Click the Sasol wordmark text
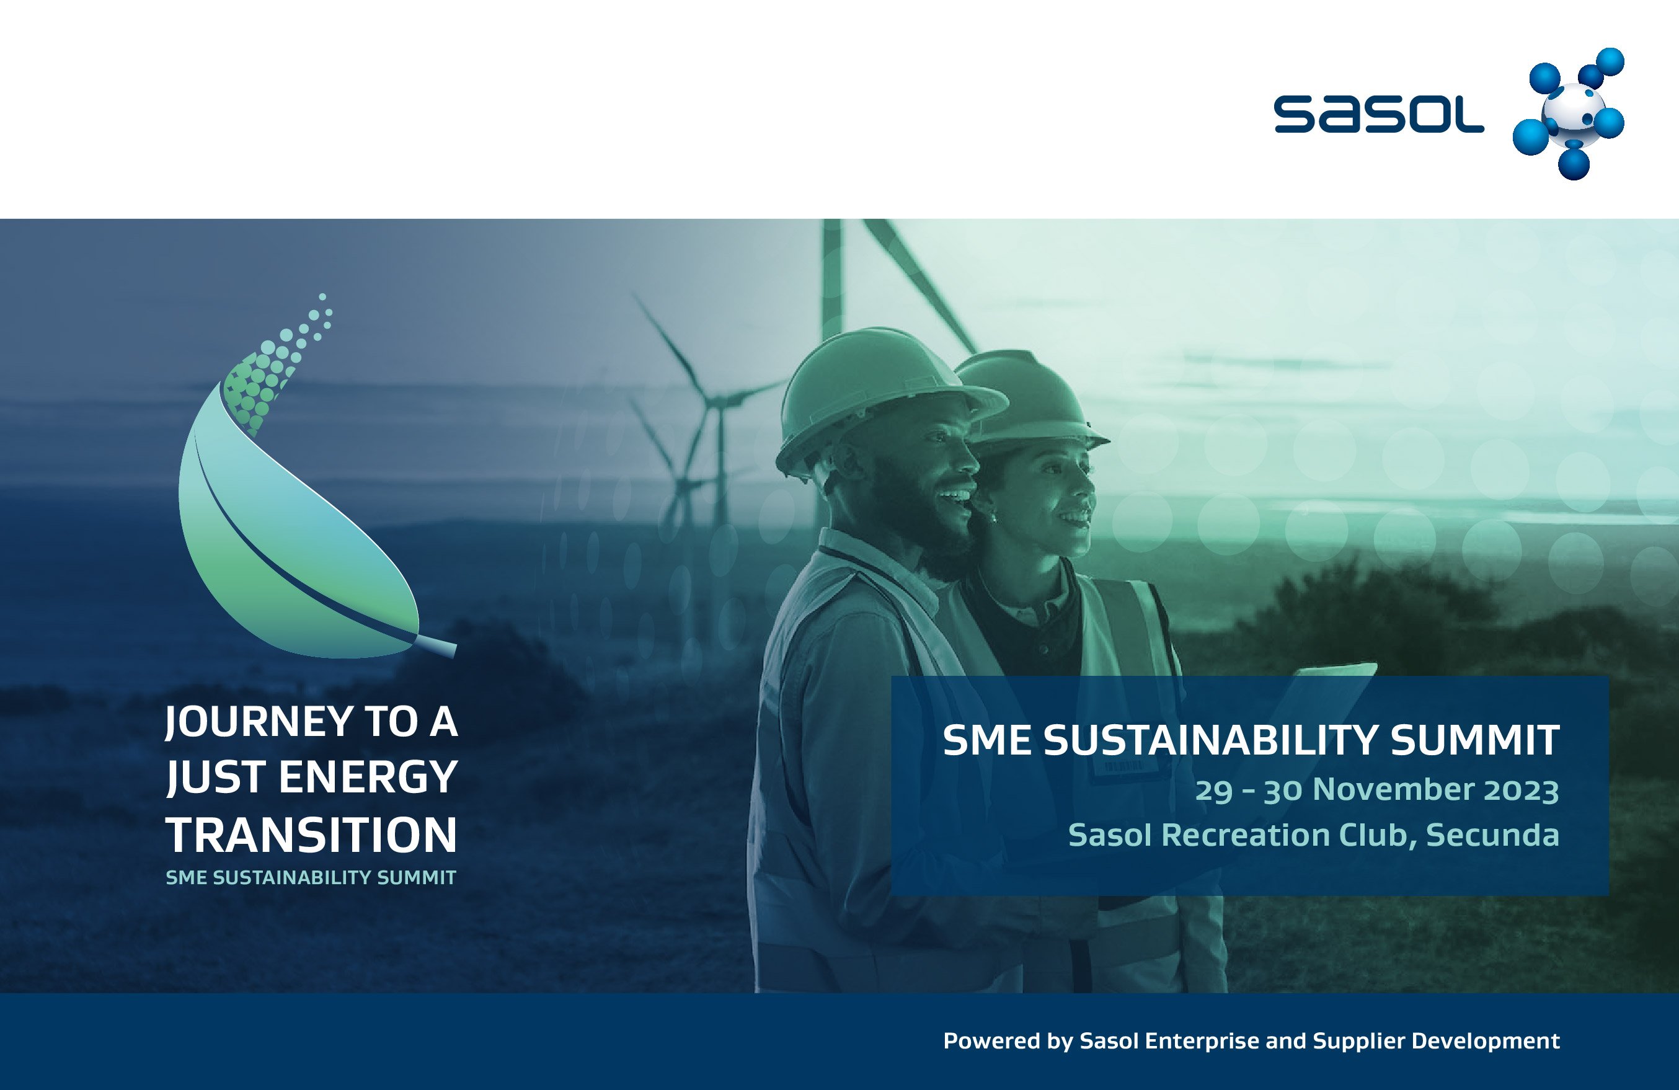(1378, 114)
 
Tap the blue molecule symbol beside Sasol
(1570, 113)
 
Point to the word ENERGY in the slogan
(368, 778)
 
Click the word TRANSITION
(311, 835)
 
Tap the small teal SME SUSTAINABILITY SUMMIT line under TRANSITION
(311, 878)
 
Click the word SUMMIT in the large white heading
(1474, 740)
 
